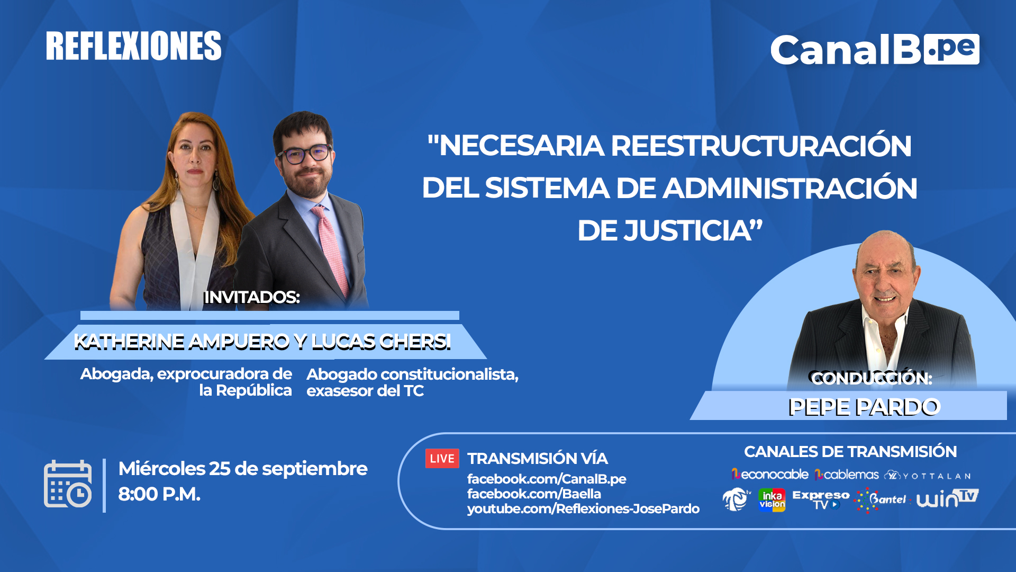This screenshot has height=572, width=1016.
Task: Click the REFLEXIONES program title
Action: point(133,46)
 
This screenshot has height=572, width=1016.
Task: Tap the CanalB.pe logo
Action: point(875,50)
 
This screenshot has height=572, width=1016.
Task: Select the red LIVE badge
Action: point(442,459)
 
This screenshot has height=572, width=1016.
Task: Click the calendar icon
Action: point(68,484)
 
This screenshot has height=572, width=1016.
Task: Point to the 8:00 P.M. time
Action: point(159,494)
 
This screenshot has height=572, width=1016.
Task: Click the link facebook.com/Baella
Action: point(534,494)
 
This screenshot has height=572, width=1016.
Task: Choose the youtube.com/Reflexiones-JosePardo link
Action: point(583,509)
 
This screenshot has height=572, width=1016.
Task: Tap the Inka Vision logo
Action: point(772,500)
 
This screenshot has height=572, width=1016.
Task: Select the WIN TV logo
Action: point(947,498)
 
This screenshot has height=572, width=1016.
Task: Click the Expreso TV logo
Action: point(821,499)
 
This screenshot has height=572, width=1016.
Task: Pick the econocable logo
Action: point(770,475)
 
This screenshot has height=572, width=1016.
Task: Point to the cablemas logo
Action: point(847,475)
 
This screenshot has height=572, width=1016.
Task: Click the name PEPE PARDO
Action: point(864,407)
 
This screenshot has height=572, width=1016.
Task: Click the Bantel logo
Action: point(881,499)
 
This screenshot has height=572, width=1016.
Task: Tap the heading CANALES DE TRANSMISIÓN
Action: point(850,452)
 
